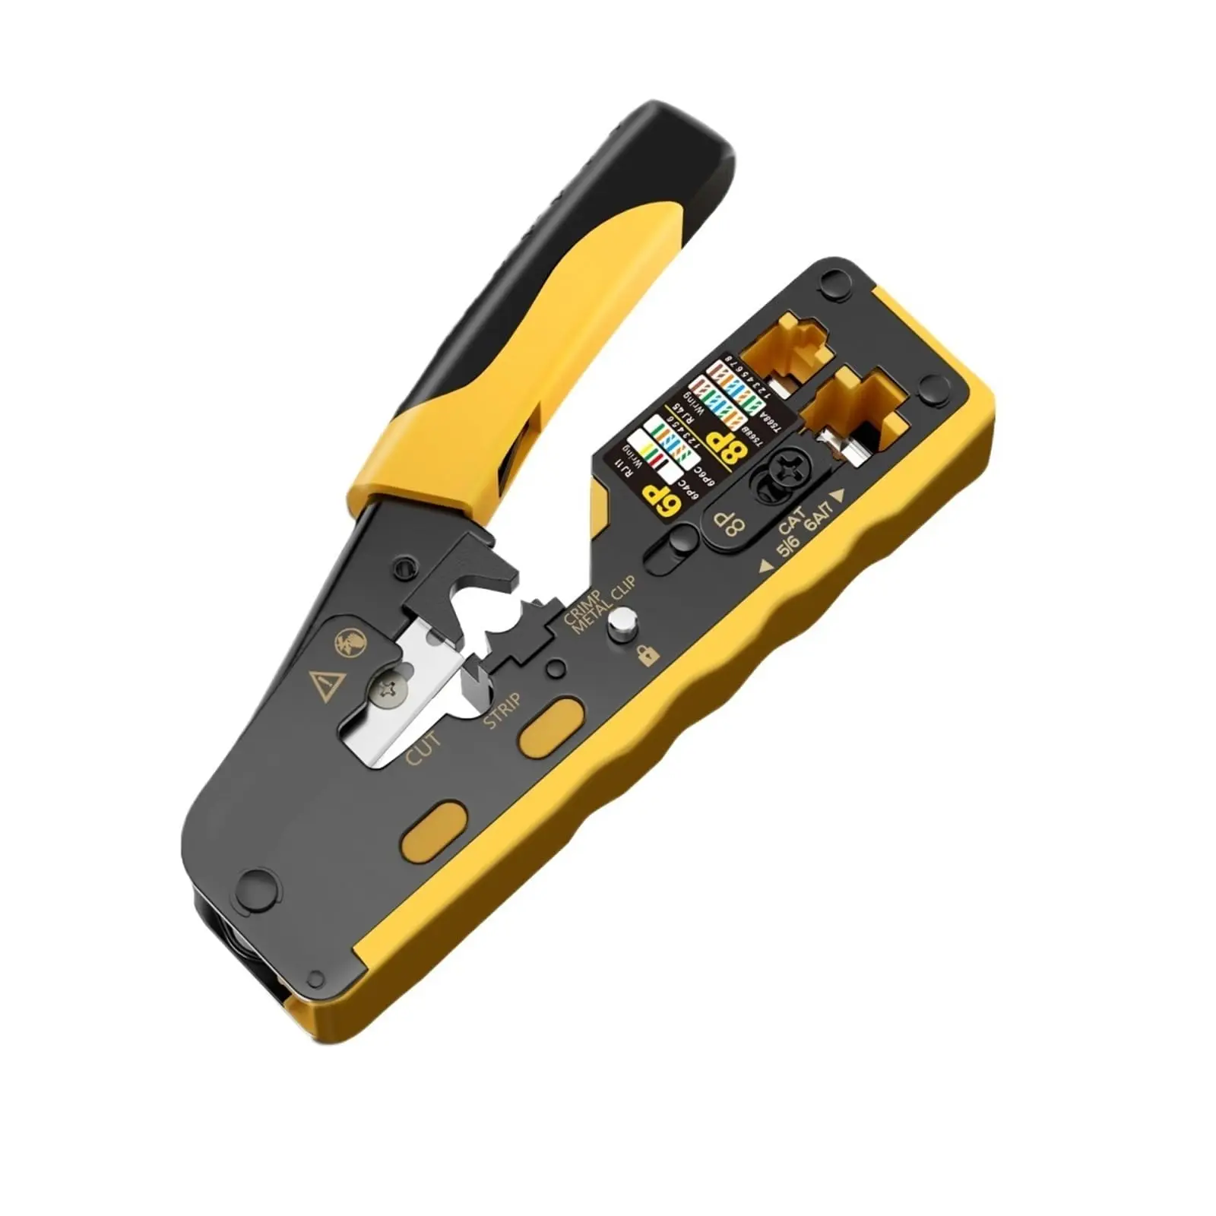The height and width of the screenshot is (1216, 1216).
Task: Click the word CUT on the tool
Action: pyautogui.click(x=423, y=749)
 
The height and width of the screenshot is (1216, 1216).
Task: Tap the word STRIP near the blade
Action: pyautogui.click(x=502, y=711)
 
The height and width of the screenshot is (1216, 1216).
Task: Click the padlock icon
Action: pyautogui.click(x=648, y=654)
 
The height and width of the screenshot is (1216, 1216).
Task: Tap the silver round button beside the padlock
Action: pyautogui.click(x=624, y=625)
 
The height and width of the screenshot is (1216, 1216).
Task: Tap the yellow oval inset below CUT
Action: pyautogui.click(x=433, y=833)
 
